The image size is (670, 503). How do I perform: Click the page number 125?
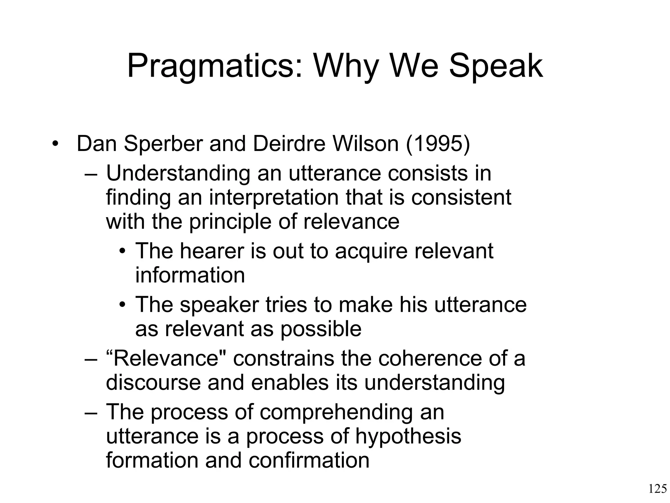point(657,489)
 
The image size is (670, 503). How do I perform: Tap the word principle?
point(230,222)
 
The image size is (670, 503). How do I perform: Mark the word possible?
point(321,329)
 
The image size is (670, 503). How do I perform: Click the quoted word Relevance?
point(167,358)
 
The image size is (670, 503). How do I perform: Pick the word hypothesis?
point(408,436)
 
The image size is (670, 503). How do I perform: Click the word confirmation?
point(309,460)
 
